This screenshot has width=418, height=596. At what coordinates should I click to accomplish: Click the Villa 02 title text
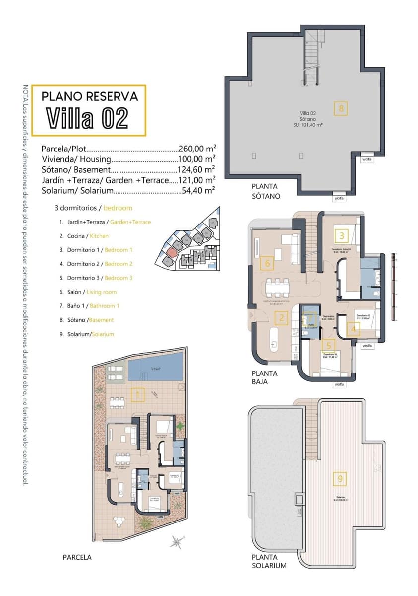(88, 118)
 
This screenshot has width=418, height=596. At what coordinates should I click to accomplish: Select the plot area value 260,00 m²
(196, 149)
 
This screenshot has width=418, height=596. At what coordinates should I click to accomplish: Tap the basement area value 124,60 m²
(196, 169)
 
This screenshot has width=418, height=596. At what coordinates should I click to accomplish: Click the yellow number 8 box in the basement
(340, 108)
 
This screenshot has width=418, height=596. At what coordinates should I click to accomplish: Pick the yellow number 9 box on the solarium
(340, 479)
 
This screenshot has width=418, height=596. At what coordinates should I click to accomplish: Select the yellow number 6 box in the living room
(267, 263)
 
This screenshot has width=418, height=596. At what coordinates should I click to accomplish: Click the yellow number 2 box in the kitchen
(281, 318)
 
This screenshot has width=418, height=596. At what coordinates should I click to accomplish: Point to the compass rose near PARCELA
(176, 541)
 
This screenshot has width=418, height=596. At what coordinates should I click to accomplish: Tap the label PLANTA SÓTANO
(266, 191)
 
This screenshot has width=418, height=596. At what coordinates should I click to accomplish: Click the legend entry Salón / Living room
(88, 292)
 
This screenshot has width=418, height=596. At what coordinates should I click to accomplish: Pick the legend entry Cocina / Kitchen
(84, 236)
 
